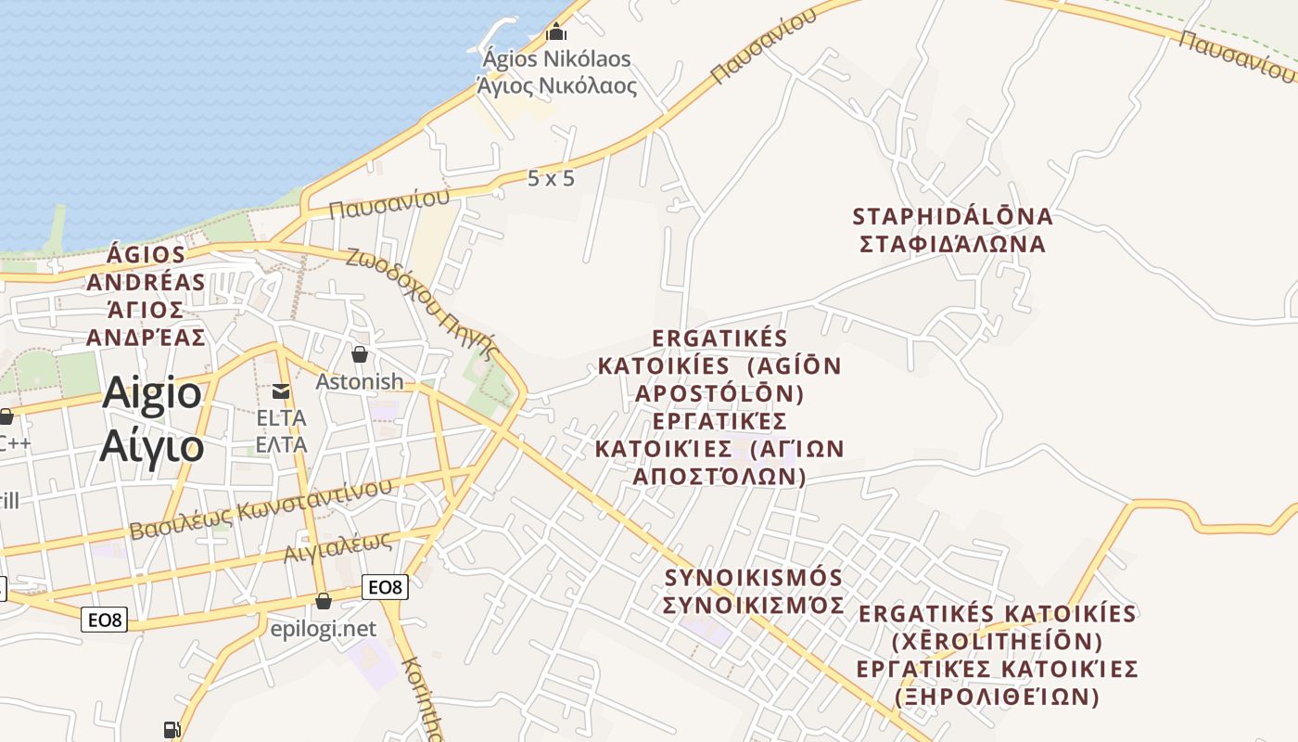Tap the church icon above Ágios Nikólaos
point(556,32)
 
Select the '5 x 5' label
point(551,179)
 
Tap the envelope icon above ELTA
point(281,391)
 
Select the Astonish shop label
point(360,381)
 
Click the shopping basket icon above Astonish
point(360,354)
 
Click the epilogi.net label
point(324,629)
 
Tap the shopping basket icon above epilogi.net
point(324,601)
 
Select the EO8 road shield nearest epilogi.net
point(385,586)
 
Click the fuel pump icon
point(172,730)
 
